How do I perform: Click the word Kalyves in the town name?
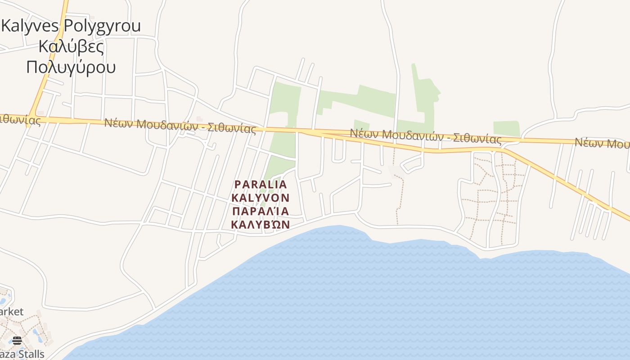tap(31, 26)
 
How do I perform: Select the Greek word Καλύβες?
tap(71, 46)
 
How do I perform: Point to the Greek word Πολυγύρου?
tap(71, 67)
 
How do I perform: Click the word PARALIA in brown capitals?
tap(261, 184)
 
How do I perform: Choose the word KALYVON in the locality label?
tap(261, 198)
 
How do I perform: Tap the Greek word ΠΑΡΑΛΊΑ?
tap(261, 211)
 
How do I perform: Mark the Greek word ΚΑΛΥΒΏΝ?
tap(261, 225)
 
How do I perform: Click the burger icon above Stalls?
tap(17, 340)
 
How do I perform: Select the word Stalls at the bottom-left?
tap(29, 354)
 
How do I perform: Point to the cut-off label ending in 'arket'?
tap(11, 311)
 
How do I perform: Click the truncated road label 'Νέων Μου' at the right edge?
tap(602, 143)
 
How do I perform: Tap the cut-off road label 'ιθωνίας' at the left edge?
tap(20, 120)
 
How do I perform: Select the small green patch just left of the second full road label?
tap(361, 125)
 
